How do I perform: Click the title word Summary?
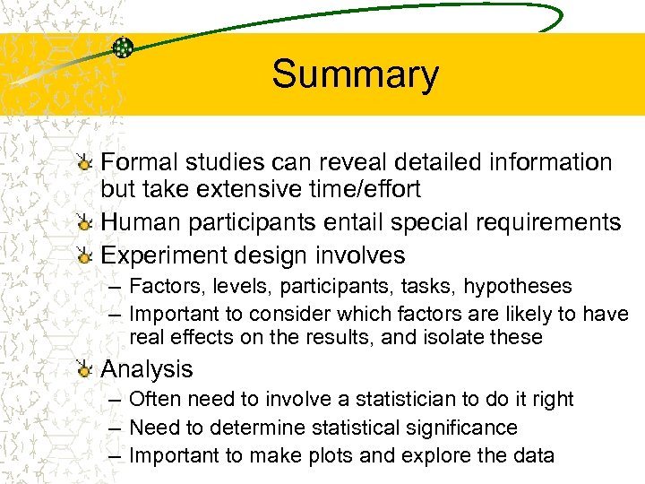tap(355, 74)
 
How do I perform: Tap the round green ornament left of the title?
tap(124, 47)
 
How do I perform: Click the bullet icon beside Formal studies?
tap(84, 163)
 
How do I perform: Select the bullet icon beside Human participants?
tap(84, 223)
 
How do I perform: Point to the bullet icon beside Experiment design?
tap(84, 256)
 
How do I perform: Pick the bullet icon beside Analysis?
tap(84, 369)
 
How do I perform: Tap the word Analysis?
tap(147, 368)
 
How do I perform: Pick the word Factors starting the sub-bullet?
tap(162, 287)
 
